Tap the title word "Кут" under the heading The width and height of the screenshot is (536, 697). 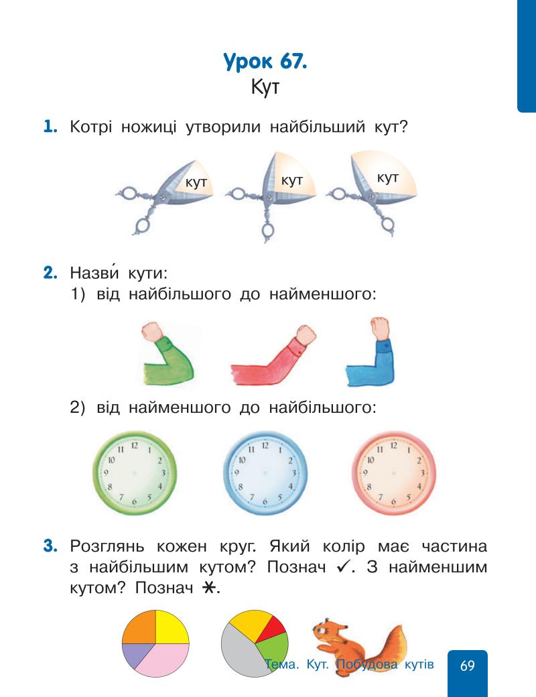(x=266, y=88)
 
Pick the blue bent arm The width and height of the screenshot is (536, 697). (x=372, y=355)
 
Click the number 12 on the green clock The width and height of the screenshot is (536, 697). (x=135, y=445)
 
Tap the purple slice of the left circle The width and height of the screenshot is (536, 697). (x=133, y=654)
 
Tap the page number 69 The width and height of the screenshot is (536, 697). (x=468, y=666)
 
